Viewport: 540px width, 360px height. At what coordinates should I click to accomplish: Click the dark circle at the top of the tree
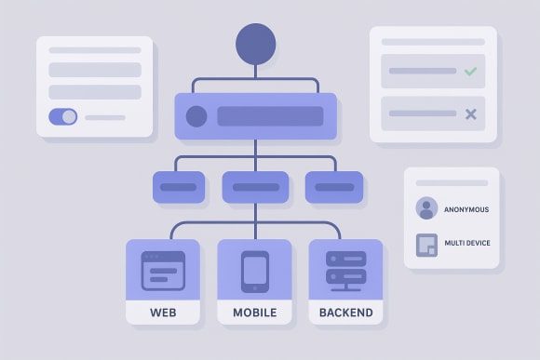256,44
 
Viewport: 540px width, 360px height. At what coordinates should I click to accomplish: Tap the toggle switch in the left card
63,117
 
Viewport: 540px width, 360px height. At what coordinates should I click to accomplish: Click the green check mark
470,71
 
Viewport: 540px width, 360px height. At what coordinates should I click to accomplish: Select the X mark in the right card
470,113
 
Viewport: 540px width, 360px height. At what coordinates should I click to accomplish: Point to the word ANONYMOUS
466,209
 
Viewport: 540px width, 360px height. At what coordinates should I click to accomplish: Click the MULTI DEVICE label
467,244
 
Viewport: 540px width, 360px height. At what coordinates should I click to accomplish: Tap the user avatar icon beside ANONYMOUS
426,208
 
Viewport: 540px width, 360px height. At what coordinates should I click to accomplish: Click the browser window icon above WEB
163,271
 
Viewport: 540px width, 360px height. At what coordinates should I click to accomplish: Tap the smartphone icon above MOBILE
254,271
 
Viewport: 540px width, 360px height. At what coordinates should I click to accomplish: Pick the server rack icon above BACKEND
345,271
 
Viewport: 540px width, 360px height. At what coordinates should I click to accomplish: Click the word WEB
163,313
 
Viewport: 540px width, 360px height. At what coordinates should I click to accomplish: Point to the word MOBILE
254,313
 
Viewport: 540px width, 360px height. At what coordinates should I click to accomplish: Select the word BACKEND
345,313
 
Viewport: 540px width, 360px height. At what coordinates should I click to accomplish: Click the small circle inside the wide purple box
196,116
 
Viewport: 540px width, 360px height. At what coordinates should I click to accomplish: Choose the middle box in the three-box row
255,187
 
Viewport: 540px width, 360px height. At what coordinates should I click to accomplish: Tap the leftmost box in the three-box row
179,187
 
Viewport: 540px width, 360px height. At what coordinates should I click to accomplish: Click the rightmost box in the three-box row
333,187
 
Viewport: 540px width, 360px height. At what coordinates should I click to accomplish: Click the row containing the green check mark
433,72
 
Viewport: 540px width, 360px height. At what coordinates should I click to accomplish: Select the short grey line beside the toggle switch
105,118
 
